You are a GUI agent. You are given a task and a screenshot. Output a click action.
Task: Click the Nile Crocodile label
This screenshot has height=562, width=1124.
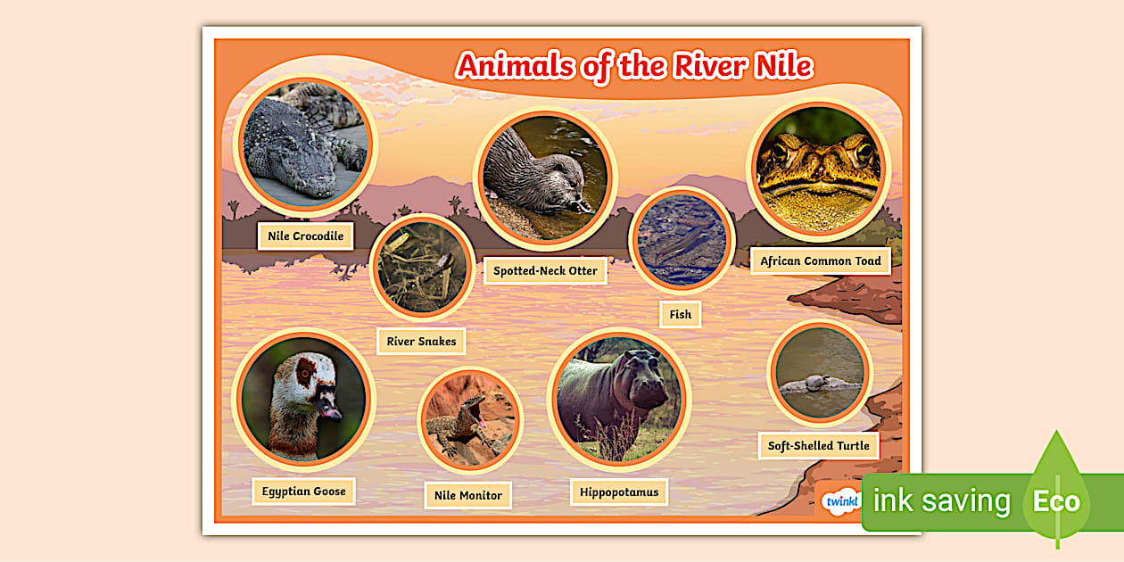[x=305, y=236]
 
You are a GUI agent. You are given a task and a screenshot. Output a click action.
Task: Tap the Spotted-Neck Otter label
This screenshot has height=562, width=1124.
[x=545, y=270]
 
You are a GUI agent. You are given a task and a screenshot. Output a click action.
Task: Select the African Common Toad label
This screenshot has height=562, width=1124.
[x=820, y=261]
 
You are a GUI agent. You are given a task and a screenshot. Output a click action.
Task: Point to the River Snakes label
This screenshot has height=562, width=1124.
[x=421, y=341]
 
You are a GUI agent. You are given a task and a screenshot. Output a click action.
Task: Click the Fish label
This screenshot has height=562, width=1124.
[x=680, y=314]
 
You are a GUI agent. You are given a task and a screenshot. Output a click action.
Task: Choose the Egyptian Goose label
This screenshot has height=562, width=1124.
[x=303, y=492]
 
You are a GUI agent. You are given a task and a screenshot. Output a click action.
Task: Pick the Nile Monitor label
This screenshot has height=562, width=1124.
[x=467, y=495]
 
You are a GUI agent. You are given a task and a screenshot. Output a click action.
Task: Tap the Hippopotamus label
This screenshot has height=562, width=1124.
[x=618, y=492]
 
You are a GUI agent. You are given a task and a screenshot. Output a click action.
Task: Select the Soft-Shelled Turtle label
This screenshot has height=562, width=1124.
[x=818, y=445]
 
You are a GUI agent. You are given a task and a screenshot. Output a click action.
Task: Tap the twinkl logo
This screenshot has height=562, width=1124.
[x=840, y=501]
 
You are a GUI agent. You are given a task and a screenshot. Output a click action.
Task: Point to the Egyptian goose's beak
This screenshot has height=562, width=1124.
[x=327, y=409]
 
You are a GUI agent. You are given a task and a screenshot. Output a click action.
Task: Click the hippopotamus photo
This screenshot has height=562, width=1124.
[x=618, y=398]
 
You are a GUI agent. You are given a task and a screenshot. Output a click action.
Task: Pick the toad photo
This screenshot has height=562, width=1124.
[x=818, y=169]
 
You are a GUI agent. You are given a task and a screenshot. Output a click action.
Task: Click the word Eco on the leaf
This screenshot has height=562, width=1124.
[x=1056, y=501]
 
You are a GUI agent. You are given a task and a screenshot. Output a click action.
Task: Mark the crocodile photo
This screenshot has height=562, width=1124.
[x=304, y=145]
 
